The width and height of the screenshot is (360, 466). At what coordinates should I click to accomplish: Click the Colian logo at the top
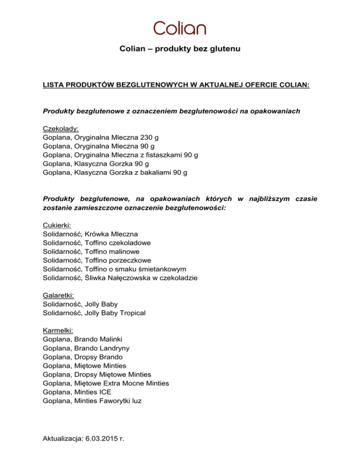(180, 28)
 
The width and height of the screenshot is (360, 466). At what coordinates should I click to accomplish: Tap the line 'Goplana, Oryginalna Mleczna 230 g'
(100, 137)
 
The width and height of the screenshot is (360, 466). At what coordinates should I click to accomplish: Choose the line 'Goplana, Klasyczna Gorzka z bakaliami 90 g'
(115, 173)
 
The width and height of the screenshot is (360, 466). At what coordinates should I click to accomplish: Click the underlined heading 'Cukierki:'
(57, 225)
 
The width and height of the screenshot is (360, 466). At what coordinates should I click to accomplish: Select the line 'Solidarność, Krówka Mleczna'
(90, 234)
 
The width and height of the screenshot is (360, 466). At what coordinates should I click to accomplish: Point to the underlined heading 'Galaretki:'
(58, 295)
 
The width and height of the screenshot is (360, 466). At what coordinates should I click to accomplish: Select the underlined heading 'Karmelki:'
(58, 330)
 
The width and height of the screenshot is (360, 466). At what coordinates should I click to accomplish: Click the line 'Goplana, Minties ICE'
(77, 391)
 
